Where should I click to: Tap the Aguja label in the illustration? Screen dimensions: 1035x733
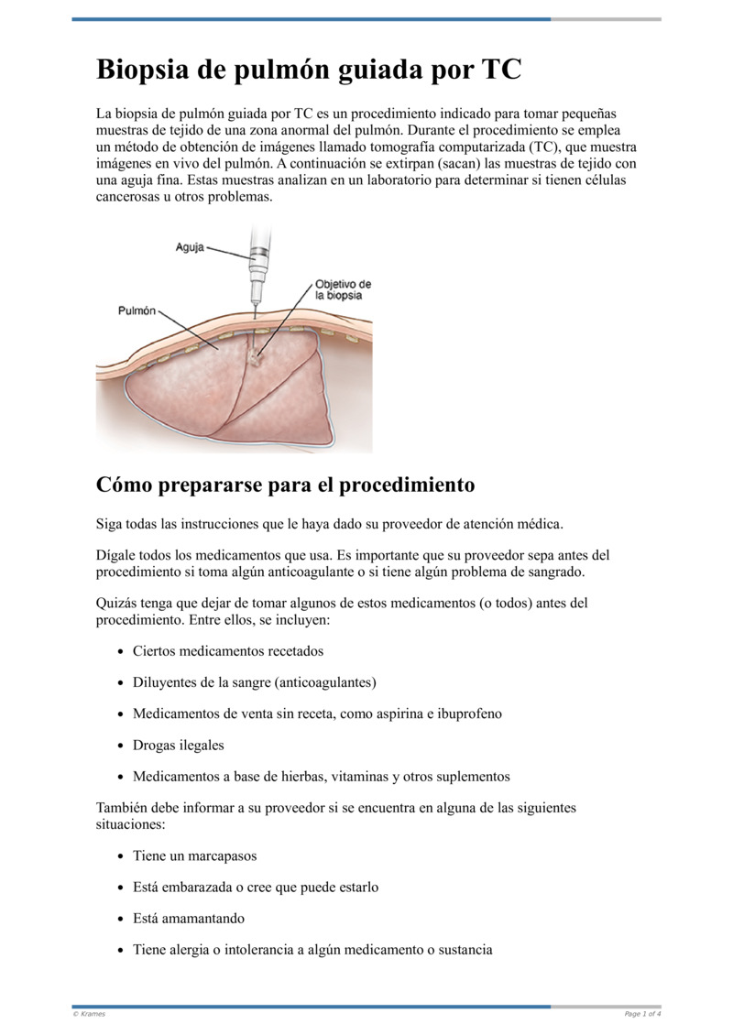(190, 248)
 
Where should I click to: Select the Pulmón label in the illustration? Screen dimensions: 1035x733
(137, 310)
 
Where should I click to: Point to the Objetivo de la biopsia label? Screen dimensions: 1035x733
(343, 289)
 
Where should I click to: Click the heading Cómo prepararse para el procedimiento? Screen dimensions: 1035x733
(285, 484)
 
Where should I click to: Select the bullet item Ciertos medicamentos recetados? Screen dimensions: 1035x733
(228, 651)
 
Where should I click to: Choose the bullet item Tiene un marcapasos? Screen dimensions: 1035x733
(195, 856)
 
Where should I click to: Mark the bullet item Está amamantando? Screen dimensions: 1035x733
(189, 919)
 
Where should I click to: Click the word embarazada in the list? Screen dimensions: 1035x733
(200, 888)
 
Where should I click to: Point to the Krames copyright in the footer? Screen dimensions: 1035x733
(89, 1014)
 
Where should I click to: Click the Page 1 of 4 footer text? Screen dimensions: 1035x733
(642, 1014)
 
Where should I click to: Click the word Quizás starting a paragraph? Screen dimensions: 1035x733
(119, 604)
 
